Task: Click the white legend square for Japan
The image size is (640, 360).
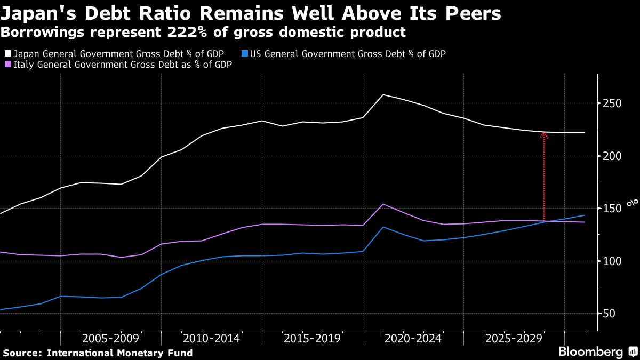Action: click(x=7, y=54)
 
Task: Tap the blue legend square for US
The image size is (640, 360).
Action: click(x=245, y=54)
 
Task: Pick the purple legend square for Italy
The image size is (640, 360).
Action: click(x=7, y=65)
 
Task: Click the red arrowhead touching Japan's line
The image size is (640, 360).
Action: click(x=544, y=135)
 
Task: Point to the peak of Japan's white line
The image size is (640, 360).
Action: click(x=383, y=95)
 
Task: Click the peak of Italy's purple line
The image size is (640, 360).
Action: click(x=383, y=204)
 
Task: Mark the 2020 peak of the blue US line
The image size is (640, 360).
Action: click(x=383, y=227)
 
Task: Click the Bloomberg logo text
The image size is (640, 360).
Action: click(x=590, y=352)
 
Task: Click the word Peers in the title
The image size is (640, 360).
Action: click(x=471, y=13)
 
